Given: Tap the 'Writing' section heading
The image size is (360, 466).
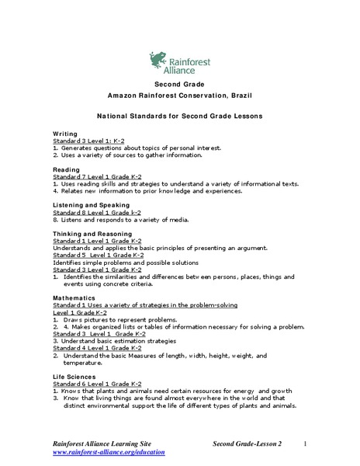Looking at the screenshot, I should [65, 134].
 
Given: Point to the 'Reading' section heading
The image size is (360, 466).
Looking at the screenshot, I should [66, 169].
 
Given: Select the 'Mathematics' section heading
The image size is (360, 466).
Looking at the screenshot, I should [74, 297].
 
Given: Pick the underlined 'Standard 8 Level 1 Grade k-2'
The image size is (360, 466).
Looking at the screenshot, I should [97, 211].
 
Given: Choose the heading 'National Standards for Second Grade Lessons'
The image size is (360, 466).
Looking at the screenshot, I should [179, 115].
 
